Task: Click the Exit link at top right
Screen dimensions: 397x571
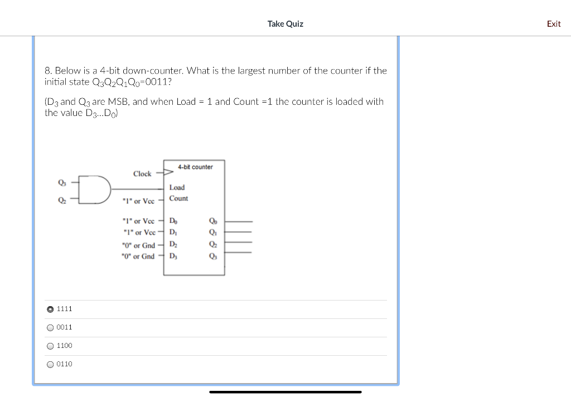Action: (553, 23)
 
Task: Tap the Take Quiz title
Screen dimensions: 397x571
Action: (285, 23)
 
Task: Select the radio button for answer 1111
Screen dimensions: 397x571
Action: (51, 309)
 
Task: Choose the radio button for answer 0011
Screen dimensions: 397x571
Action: (51, 327)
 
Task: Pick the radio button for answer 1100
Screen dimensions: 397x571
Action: (51, 346)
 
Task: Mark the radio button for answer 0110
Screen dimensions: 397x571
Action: (51, 364)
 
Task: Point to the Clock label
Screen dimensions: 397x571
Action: (142, 174)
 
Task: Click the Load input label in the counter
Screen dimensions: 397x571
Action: (177, 187)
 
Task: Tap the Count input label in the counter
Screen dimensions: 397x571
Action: (178, 198)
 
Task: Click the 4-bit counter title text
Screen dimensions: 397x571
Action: (195, 167)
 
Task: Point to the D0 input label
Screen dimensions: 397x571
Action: (173, 221)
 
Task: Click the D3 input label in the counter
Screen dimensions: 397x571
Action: (173, 256)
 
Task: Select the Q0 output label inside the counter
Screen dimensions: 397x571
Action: (212, 221)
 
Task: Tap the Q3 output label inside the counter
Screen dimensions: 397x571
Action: (212, 256)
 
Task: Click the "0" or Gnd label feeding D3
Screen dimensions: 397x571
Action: (138, 256)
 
